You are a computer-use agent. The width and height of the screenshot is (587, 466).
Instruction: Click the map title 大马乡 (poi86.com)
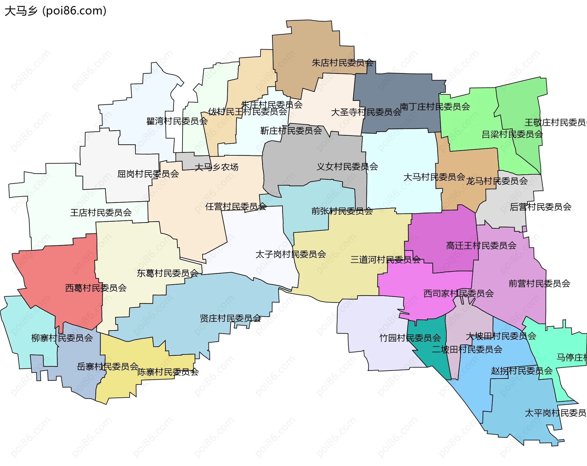pyautogui.click(x=55, y=11)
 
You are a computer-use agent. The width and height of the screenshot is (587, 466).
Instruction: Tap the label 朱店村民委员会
pyautogui.click(x=342, y=63)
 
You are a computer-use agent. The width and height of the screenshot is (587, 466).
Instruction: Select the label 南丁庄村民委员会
pyautogui.click(x=435, y=107)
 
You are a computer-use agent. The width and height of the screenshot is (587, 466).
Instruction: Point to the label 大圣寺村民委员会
pyautogui.click(x=366, y=112)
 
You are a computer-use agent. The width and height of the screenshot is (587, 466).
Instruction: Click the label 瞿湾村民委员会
pyautogui.click(x=177, y=121)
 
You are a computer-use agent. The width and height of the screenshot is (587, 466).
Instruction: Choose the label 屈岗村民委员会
pyautogui.click(x=148, y=174)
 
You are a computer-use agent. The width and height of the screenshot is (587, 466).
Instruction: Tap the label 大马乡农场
pyautogui.click(x=216, y=167)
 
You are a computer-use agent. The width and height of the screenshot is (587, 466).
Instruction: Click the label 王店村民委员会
pyautogui.click(x=101, y=213)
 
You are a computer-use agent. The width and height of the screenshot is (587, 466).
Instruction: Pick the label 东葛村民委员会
pyautogui.click(x=168, y=273)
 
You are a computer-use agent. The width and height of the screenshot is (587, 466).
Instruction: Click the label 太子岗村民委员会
pyautogui.click(x=291, y=254)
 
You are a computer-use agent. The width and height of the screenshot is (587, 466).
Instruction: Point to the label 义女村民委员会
pyautogui.click(x=347, y=167)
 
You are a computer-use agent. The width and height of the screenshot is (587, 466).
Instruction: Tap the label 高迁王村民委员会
pyautogui.click(x=481, y=246)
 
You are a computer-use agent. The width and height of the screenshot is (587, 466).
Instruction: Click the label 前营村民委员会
pyautogui.click(x=539, y=283)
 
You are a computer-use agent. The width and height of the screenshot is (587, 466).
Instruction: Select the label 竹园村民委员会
pyautogui.click(x=410, y=338)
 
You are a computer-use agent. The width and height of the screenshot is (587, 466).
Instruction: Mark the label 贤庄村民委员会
pyautogui.click(x=231, y=318)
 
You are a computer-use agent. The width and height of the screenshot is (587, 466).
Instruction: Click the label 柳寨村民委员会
pyautogui.click(x=62, y=338)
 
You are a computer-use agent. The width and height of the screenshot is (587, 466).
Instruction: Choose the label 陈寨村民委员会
pyautogui.click(x=168, y=372)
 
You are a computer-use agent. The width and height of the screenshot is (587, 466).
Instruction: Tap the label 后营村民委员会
pyautogui.click(x=541, y=207)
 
